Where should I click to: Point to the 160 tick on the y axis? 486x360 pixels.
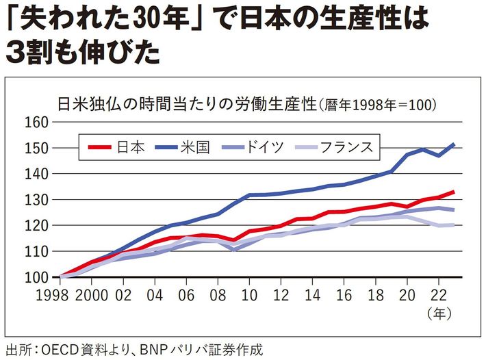36,123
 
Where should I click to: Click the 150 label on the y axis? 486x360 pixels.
36,149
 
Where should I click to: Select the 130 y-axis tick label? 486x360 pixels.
36,200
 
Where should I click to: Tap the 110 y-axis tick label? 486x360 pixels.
36,252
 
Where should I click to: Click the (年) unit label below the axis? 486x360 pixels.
438,315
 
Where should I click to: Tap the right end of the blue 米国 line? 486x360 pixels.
454,144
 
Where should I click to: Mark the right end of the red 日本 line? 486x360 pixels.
454,192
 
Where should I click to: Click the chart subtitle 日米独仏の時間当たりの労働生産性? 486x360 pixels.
186,105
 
